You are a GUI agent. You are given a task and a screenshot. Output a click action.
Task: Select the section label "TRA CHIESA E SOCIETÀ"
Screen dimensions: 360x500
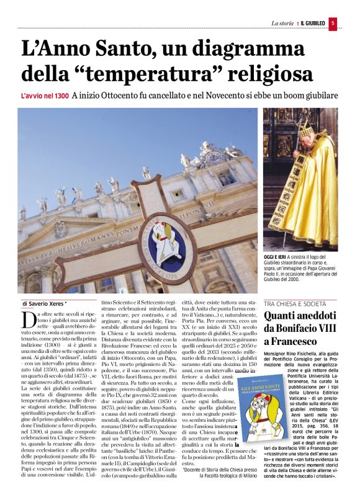click(x=295, y=304)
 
